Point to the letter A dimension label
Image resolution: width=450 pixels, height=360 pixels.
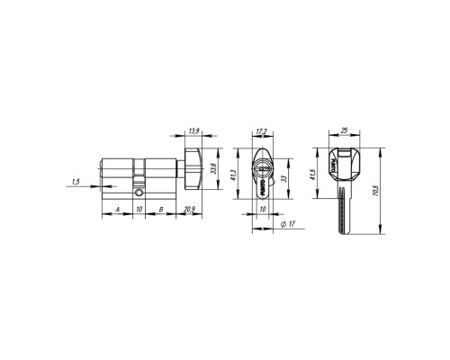click(117, 210)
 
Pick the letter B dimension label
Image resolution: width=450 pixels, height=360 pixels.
click(160, 210)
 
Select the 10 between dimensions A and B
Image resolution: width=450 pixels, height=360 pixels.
click(139, 210)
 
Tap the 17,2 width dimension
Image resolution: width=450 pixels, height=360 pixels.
click(260, 132)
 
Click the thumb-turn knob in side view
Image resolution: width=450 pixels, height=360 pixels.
click(193, 170)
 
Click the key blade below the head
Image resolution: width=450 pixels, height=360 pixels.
click(345, 212)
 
